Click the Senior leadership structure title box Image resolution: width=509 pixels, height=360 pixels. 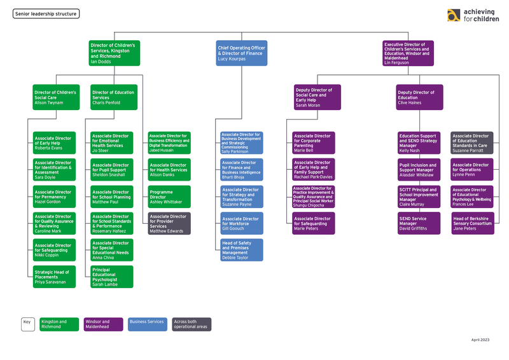46,13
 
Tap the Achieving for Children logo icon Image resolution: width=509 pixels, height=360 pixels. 454,15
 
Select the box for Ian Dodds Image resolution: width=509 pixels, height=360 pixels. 115,53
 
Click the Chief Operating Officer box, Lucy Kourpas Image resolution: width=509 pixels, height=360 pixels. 241,53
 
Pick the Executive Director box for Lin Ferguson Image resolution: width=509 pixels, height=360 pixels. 407,53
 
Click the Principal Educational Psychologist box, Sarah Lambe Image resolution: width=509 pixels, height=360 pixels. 112,277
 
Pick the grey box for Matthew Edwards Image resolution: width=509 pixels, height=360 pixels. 169,224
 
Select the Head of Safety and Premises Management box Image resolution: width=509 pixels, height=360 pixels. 242,251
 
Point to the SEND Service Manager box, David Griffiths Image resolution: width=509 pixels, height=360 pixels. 419,224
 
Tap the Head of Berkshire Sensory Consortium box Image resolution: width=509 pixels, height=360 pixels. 472,224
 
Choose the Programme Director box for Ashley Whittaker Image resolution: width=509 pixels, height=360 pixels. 169,197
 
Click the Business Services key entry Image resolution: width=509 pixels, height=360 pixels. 148,324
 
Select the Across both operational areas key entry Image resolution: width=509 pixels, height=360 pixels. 192,324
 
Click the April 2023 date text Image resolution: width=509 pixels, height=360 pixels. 480,340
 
